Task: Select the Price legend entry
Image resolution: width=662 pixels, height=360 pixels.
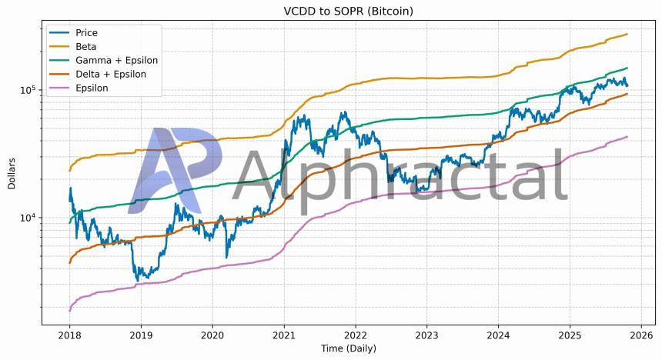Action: pyautogui.click(x=86, y=33)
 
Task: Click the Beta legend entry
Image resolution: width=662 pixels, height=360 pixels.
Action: pyautogui.click(x=85, y=47)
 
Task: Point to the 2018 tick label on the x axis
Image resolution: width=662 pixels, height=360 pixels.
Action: pyautogui.click(x=69, y=335)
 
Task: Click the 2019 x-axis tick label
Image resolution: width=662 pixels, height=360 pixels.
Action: pyautogui.click(x=141, y=335)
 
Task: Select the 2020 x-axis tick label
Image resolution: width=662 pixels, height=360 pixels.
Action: pyautogui.click(x=212, y=335)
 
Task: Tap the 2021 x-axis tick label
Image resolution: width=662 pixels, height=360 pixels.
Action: pyautogui.click(x=284, y=335)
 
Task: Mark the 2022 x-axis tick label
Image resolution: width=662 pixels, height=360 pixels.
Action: pyautogui.click(x=356, y=335)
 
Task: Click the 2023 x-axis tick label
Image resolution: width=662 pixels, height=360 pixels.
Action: pyautogui.click(x=427, y=335)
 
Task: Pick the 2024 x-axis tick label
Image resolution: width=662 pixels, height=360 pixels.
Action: pyautogui.click(x=499, y=335)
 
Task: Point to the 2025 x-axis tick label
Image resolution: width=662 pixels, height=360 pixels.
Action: pyautogui.click(x=570, y=335)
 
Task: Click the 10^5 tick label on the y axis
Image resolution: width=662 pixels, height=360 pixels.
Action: pyautogui.click(x=28, y=90)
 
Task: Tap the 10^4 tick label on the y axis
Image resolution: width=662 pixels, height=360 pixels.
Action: pyautogui.click(x=28, y=218)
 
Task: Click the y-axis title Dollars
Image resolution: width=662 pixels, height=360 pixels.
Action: pyautogui.click(x=12, y=175)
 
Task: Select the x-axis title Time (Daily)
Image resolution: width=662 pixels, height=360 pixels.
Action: pyautogui.click(x=348, y=349)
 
